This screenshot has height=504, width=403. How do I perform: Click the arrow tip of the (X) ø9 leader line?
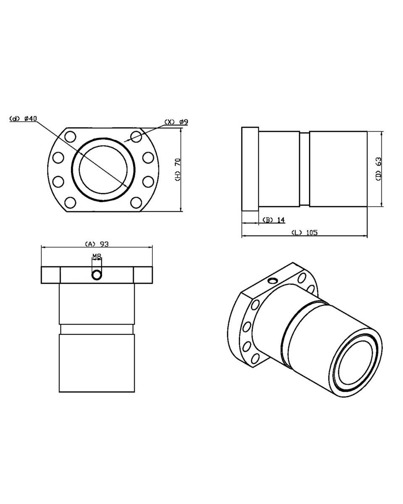click(x=124, y=142)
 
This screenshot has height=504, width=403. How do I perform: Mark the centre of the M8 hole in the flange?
click(x=97, y=275)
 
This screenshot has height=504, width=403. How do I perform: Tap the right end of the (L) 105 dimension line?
click(x=367, y=236)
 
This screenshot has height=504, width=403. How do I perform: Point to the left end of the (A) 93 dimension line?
click(x=41, y=247)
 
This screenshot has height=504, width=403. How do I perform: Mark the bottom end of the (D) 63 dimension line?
click(x=382, y=207)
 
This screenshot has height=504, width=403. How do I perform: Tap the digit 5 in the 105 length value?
click(x=315, y=233)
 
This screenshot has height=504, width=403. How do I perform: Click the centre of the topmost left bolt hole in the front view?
click(x=70, y=136)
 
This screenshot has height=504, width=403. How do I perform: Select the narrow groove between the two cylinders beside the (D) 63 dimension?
click(x=304, y=169)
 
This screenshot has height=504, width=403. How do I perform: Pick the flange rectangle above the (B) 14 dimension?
click(x=250, y=169)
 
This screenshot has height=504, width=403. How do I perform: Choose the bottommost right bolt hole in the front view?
click(x=136, y=202)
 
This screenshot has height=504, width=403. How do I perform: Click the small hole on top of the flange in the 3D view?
click(x=273, y=280)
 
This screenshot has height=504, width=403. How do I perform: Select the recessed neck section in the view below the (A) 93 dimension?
click(x=97, y=329)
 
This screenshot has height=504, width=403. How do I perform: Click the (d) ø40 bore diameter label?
click(x=23, y=119)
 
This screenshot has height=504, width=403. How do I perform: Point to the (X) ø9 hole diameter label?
click(x=176, y=122)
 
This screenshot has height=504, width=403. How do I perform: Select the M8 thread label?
click(x=97, y=257)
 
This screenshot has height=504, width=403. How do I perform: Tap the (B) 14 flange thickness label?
click(x=273, y=220)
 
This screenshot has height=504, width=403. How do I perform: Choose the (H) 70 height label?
click(x=178, y=170)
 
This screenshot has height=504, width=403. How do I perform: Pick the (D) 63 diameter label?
click(x=378, y=169)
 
